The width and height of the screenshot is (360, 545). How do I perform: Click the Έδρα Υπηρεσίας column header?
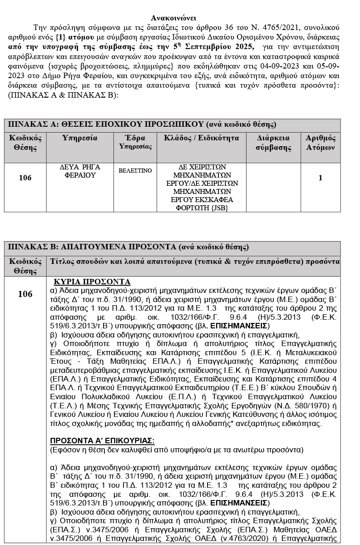(x=135, y=142)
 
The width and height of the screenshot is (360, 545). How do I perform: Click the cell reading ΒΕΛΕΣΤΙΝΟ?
(x=135, y=170)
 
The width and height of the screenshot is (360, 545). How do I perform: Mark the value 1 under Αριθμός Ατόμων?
(x=321, y=178)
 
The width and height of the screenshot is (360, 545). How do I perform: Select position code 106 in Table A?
(x=25, y=178)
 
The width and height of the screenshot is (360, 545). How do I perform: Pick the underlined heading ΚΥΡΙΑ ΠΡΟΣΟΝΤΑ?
(x=92, y=282)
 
